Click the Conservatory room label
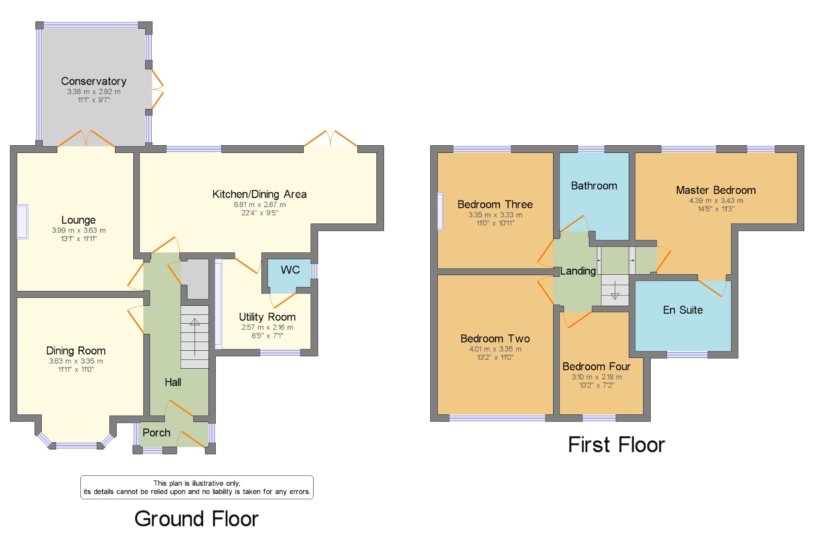coord(94,81)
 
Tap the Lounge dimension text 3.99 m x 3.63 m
coord(79,230)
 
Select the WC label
coord(290,270)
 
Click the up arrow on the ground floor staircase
coord(195,321)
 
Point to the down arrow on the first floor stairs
coord(615,295)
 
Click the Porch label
coord(156,433)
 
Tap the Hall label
coord(173,382)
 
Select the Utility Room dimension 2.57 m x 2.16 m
coord(267,327)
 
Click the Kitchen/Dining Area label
coord(259,194)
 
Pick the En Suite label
coord(682,310)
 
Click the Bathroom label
coord(594,186)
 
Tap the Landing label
coord(578,271)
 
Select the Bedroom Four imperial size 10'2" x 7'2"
coord(597,385)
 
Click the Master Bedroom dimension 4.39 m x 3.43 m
coord(716,201)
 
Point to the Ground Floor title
coord(196,519)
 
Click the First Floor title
coord(616,445)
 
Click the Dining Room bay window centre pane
coord(76,445)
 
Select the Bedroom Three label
coord(495,205)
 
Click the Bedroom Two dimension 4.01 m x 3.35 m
coord(495,349)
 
